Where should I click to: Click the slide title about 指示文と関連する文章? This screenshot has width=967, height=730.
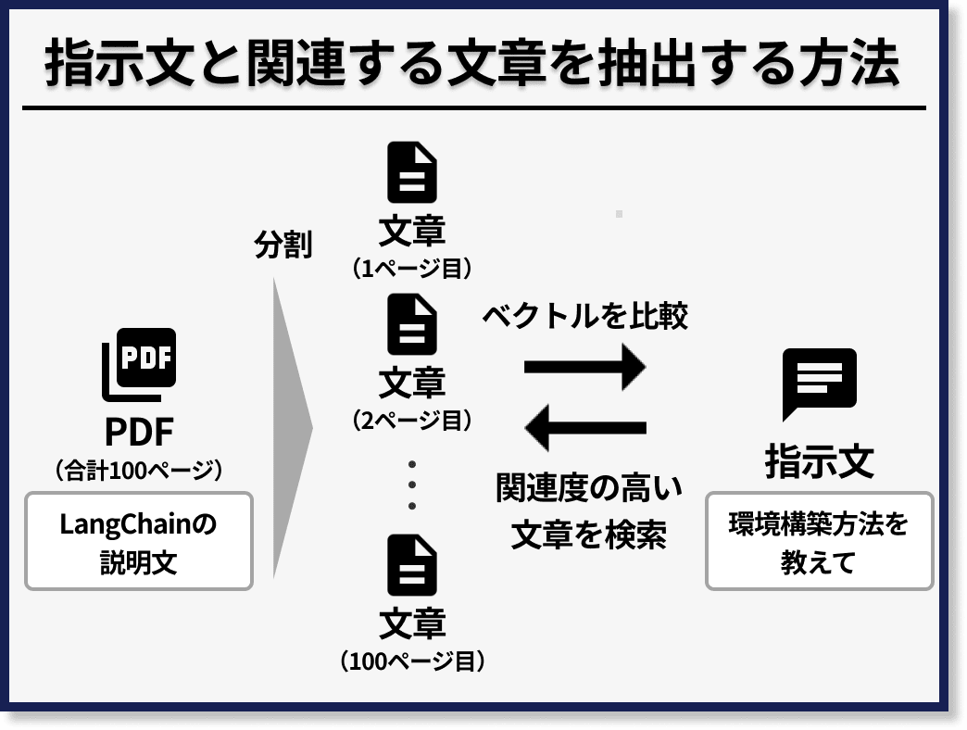(472, 65)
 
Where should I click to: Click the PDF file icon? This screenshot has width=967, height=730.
(139, 364)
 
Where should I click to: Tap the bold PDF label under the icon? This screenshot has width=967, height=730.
(139, 431)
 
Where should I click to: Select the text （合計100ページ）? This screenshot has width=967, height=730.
(139, 470)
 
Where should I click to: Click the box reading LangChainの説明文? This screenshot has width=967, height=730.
(139, 542)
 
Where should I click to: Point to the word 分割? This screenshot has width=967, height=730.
(283, 245)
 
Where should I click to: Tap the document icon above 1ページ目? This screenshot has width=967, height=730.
(412, 172)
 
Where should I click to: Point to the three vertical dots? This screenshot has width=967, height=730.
(412, 485)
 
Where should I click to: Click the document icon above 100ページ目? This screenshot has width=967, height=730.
(412, 564)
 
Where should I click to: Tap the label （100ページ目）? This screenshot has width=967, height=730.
(412, 661)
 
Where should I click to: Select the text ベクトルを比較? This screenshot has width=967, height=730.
(584, 316)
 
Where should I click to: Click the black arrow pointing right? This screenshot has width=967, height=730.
(584, 366)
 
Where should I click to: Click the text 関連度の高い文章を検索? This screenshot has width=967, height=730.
(588, 510)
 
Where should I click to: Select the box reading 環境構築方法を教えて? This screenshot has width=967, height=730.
(819, 542)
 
